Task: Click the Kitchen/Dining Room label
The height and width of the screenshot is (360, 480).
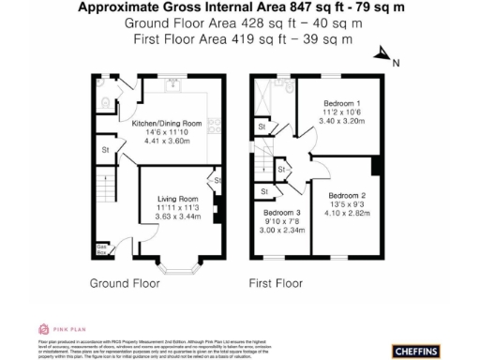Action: (167, 124)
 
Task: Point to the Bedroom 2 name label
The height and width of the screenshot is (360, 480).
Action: (348, 195)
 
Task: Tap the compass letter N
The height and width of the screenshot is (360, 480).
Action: (396, 64)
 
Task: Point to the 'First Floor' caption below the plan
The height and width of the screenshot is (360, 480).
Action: (272, 282)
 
